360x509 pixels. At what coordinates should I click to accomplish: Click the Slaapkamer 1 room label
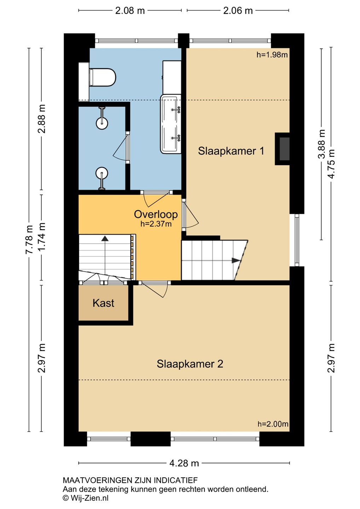[x=231, y=151]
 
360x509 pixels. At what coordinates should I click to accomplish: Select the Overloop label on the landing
[x=156, y=214]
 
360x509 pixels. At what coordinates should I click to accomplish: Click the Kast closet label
[x=103, y=303]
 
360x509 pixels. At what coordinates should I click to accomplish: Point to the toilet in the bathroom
[x=103, y=77]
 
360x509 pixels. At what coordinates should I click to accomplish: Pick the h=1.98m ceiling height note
[x=272, y=55]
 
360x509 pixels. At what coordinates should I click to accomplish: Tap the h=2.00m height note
[x=273, y=424]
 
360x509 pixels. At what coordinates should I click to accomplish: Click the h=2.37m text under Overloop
[x=156, y=224]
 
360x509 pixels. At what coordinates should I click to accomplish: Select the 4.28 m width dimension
[x=184, y=463]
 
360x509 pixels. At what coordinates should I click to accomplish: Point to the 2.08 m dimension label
[x=130, y=11]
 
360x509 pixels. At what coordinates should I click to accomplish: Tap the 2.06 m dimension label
[x=238, y=11]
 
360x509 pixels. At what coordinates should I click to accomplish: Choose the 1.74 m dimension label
[x=42, y=237]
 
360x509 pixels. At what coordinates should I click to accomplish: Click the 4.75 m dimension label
[x=331, y=164]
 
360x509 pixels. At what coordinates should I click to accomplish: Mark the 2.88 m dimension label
[x=42, y=119]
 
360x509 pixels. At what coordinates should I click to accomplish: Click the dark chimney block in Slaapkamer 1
[x=284, y=149]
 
